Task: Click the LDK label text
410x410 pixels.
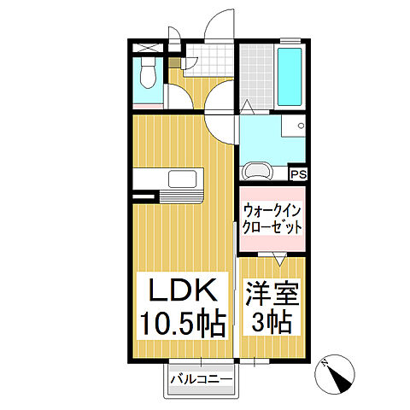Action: [x=181, y=291]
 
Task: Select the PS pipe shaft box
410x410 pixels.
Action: [x=298, y=174]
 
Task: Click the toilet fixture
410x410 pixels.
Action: [x=147, y=75]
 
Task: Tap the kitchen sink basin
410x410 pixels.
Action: [x=183, y=179]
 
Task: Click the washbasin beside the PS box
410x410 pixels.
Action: [x=258, y=170]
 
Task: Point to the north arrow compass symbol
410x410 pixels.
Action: [x=339, y=372]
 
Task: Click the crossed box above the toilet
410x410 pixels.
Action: [x=147, y=48]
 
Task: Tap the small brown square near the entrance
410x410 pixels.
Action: [x=174, y=62]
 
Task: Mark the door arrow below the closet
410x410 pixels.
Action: [x=279, y=256]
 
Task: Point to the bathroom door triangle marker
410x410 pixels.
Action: [x=248, y=107]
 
